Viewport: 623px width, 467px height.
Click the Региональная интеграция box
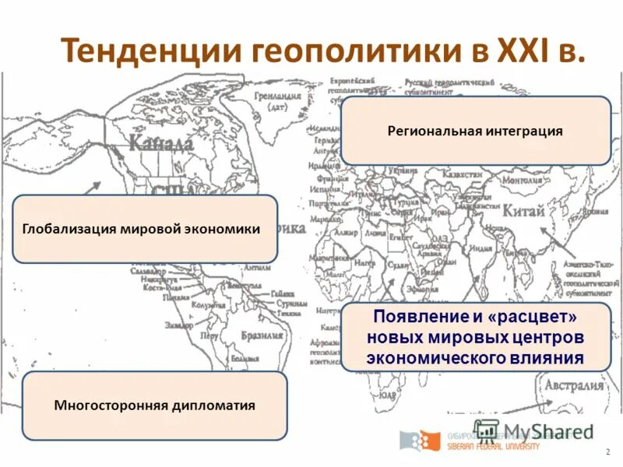pyautogui.click(x=475, y=130)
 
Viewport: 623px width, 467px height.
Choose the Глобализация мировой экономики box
pyautogui.click(x=145, y=229)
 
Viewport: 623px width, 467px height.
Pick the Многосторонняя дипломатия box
pyautogui.click(x=154, y=406)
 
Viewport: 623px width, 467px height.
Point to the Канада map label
pyautogui.click(x=161, y=143)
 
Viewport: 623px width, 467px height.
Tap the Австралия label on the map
pyautogui.click(x=574, y=385)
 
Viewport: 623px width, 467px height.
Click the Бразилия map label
pyautogui.click(x=261, y=335)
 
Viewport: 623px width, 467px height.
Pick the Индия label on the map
pyautogui.click(x=480, y=249)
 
